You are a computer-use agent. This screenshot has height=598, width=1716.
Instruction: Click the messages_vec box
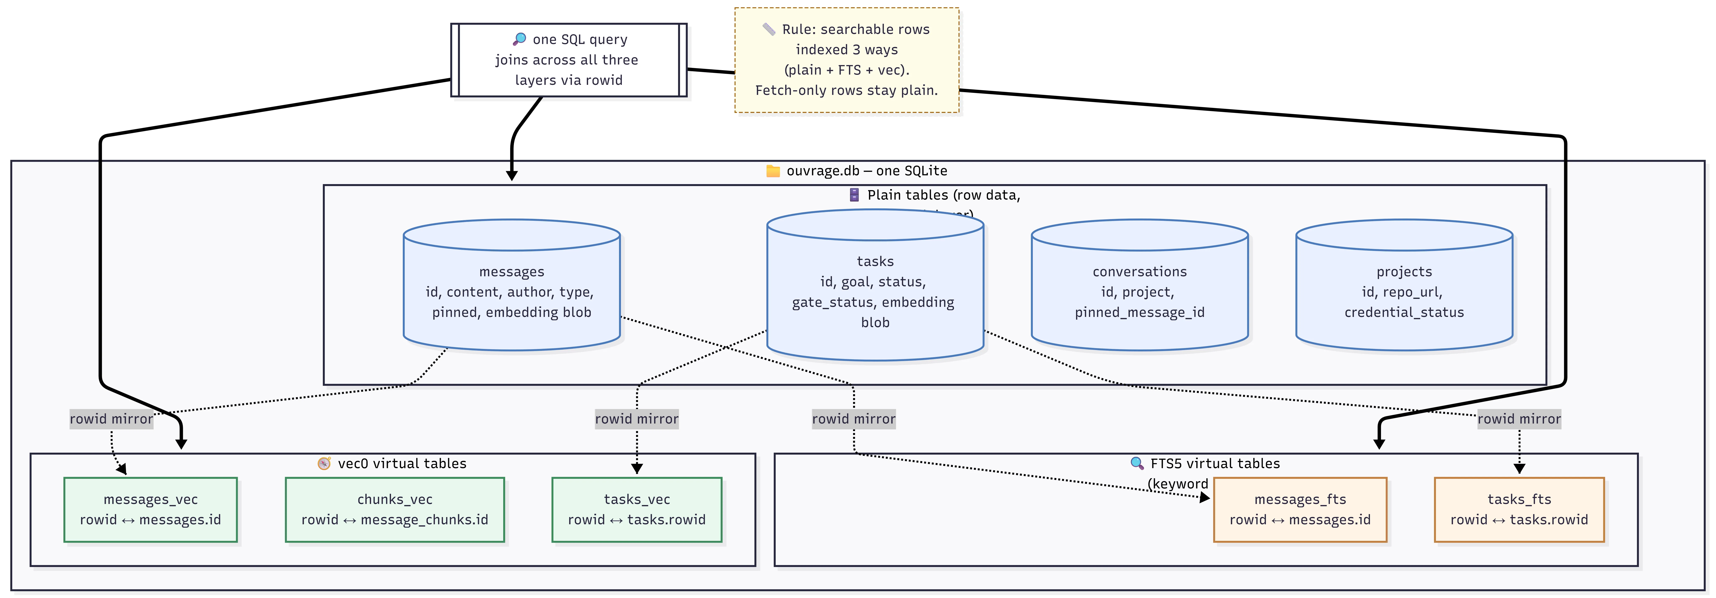pos(151,509)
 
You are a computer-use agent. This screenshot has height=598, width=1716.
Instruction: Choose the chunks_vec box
pos(394,509)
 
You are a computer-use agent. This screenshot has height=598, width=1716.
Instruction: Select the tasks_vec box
pos(636,509)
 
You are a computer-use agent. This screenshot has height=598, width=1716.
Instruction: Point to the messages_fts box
pos(1300,509)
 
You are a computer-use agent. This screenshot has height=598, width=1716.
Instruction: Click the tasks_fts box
pos(1519,509)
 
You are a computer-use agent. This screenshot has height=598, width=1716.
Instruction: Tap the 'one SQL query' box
pos(568,60)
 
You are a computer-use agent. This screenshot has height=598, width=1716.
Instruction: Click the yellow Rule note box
pos(846,60)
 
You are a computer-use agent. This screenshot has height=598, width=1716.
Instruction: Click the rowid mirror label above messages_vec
pos(111,419)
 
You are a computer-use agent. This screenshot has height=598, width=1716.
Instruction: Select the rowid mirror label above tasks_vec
pos(636,419)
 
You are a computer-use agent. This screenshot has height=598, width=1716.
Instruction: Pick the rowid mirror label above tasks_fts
pos(1519,419)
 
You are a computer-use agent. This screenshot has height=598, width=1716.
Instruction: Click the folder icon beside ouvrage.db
pos(773,171)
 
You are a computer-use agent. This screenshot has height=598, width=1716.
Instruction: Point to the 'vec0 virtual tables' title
pos(402,464)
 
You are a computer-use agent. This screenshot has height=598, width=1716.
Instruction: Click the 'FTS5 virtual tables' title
pos(1214,464)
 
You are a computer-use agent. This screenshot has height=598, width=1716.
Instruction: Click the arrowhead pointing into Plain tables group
pos(512,176)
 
